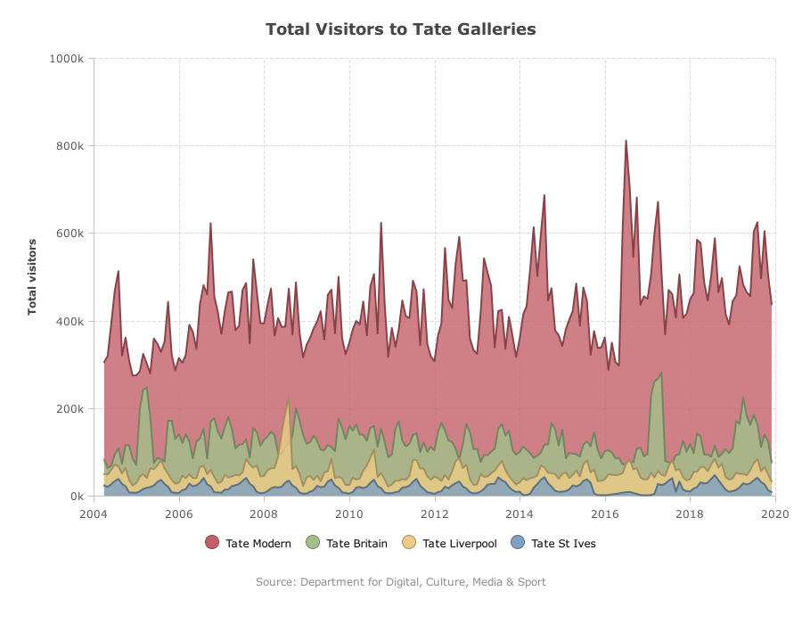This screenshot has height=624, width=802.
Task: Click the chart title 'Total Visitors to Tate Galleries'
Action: point(400,29)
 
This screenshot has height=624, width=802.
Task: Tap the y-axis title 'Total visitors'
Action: point(32,276)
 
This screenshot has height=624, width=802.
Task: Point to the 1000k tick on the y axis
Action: point(67,58)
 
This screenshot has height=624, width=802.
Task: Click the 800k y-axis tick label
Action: point(70,146)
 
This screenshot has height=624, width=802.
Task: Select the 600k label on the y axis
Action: point(70,234)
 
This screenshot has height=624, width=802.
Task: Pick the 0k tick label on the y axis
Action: point(78,497)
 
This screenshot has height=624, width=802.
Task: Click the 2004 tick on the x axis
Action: point(94,513)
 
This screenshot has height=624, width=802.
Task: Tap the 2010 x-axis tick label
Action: point(349,513)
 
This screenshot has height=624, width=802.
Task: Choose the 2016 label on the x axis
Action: point(605,513)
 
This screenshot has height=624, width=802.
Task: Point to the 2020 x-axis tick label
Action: point(775,513)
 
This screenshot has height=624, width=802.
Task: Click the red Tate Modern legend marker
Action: point(212,543)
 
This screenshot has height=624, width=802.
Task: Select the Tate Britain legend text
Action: point(357,543)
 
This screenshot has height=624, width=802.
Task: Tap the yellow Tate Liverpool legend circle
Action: point(409,543)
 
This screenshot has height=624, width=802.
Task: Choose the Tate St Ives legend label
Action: point(564,543)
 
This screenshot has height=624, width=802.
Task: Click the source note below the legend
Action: point(401,581)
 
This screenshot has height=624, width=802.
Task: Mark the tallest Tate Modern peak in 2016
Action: point(626,141)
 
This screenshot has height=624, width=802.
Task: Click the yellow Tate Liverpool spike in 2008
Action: point(289,398)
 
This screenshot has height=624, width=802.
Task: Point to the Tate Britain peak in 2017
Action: point(661,373)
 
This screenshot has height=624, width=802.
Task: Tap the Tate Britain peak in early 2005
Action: point(147,388)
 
